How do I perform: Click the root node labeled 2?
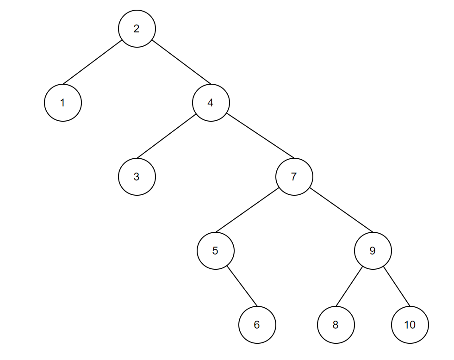pos(137,29)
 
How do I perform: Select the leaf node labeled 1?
pos(63,103)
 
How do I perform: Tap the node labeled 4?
pos(211,103)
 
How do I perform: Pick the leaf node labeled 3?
pos(137,177)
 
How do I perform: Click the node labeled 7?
pos(294,177)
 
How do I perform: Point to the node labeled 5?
pos(215,251)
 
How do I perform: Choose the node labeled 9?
pos(373,251)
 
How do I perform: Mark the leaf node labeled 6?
pos(257,325)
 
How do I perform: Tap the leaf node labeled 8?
pos(336,325)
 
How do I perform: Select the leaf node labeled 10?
pos(410,325)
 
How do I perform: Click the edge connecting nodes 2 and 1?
pos(93,62)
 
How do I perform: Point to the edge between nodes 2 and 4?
pos(181,62)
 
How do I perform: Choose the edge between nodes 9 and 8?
pos(349,286)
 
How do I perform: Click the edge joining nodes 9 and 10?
pos(397,286)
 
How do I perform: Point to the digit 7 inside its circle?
pos(294,177)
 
